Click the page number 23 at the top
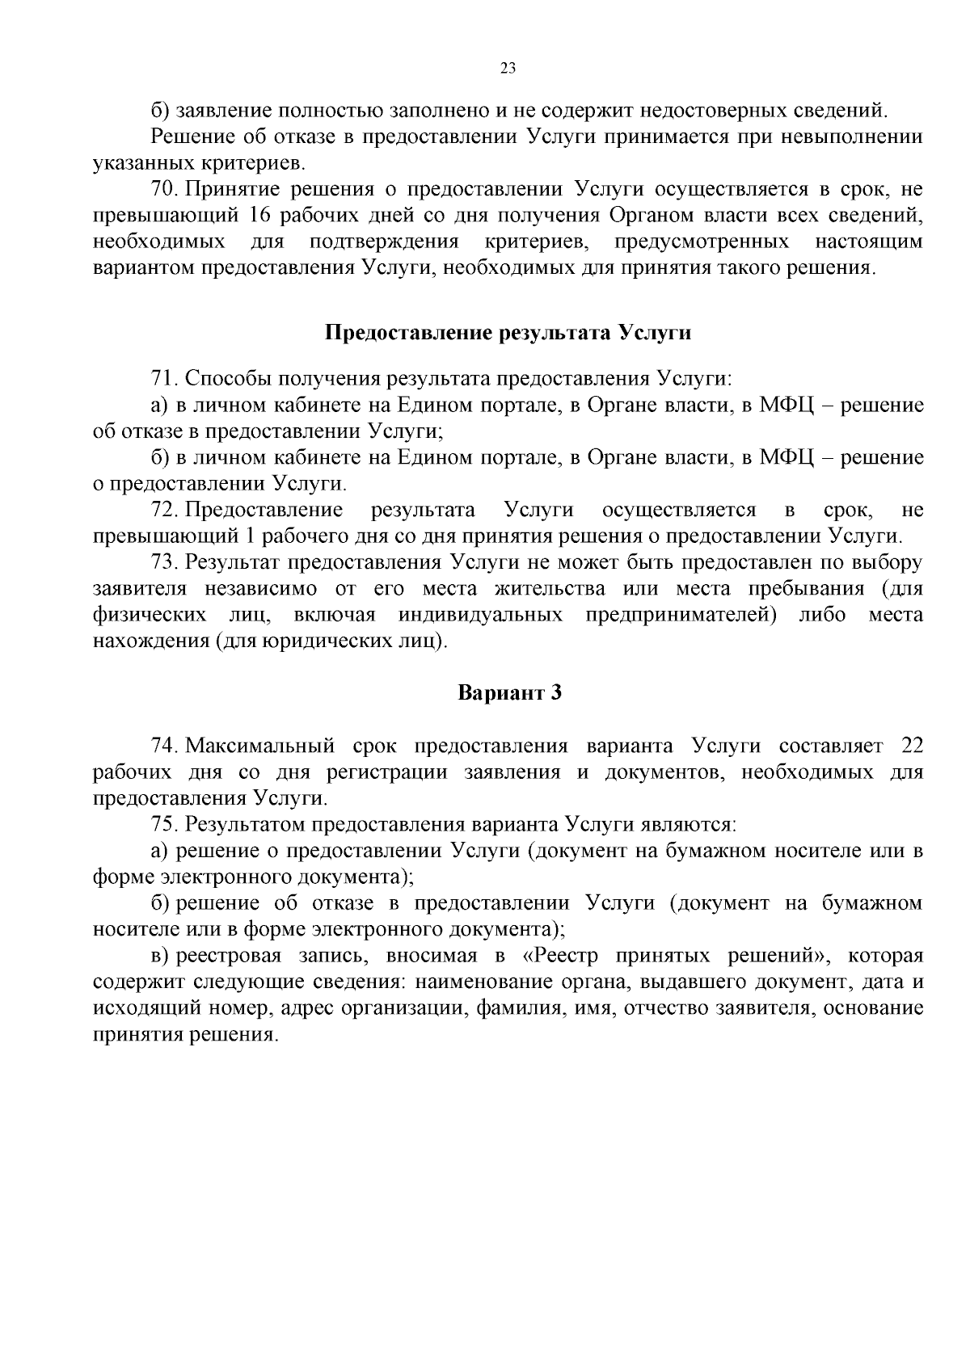[508, 68]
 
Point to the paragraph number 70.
[163, 190]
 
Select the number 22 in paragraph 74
[911, 745]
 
